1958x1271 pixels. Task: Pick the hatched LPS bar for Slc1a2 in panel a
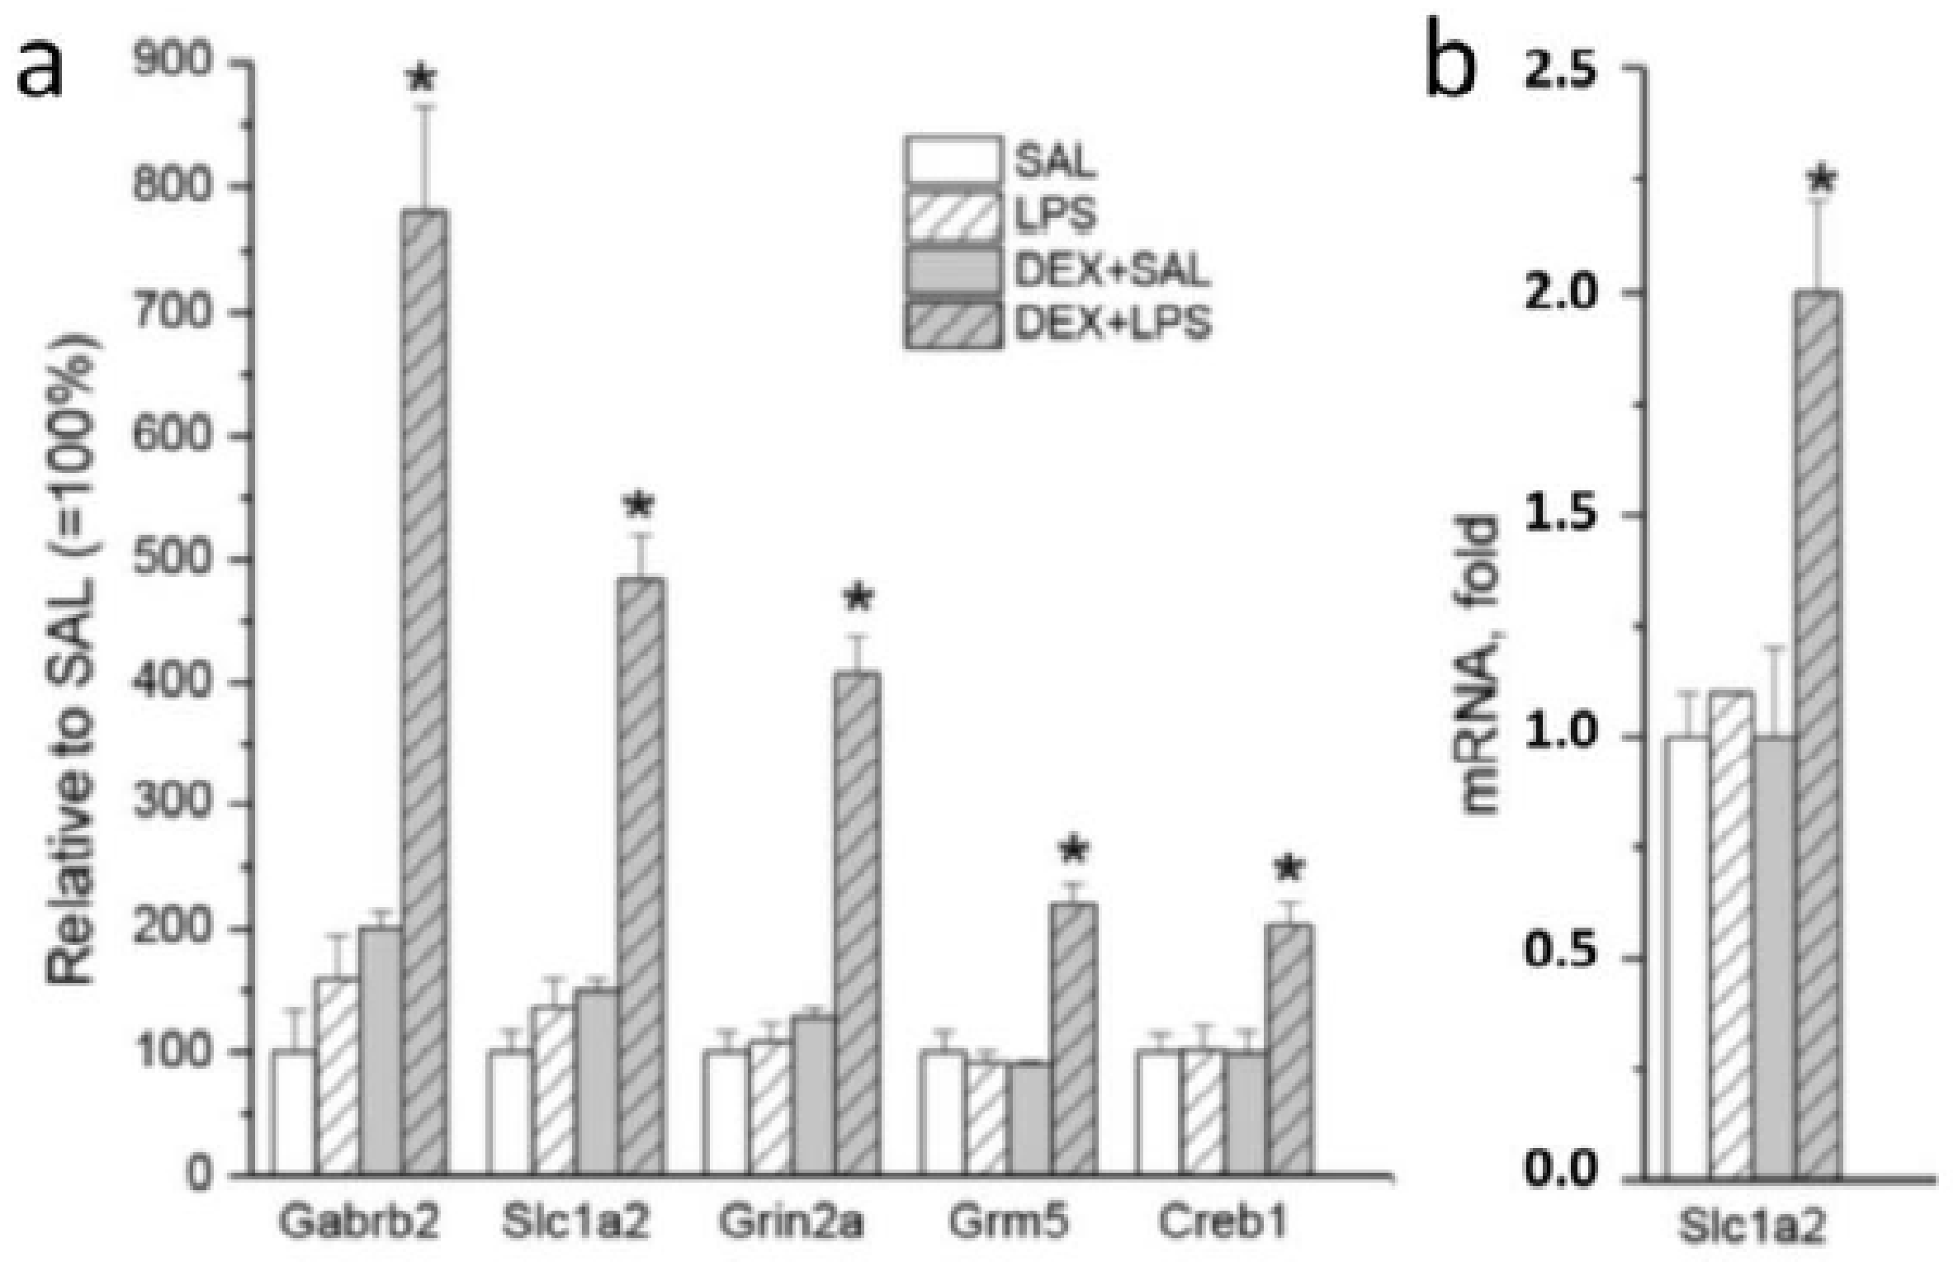(x=554, y=1089)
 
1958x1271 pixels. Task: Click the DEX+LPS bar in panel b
(x=1818, y=735)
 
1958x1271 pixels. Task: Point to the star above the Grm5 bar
(x=1074, y=851)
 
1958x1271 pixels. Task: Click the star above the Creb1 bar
(x=1289, y=868)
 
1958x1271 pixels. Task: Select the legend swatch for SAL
(x=953, y=160)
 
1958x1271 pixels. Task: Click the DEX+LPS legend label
(x=1112, y=324)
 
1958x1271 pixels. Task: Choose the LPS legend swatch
(x=953, y=215)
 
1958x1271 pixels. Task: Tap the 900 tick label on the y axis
(x=173, y=62)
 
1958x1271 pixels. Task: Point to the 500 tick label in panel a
(x=173, y=559)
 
